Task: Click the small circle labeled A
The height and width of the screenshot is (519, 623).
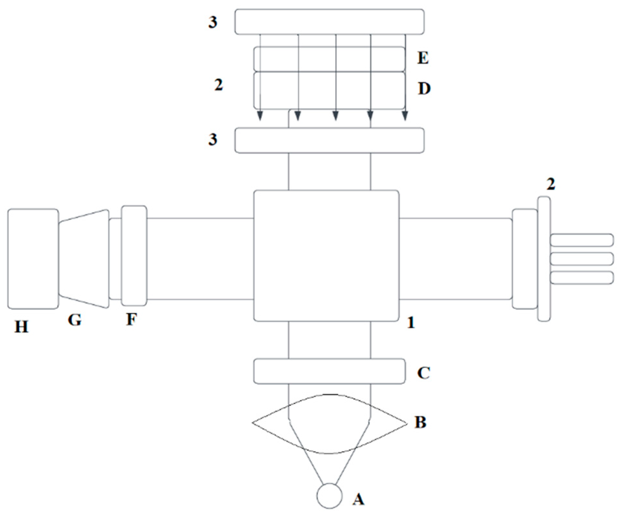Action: pos(329,496)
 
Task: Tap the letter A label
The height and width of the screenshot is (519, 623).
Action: pos(358,499)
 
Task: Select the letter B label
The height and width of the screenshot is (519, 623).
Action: pos(421,422)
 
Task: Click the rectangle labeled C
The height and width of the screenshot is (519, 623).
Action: pos(329,371)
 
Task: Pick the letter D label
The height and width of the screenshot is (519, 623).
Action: pos(424,88)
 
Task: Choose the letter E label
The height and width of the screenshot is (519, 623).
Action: pos(423,58)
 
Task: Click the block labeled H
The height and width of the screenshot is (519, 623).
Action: pos(33,259)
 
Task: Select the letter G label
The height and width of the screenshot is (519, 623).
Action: pos(75,320)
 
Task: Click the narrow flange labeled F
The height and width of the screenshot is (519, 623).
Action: pos(134,256)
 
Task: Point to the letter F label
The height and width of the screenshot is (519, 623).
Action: pos(131,319)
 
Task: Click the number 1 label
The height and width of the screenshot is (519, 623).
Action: pos(411,323)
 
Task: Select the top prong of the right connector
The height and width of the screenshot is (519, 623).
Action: pos(581,240)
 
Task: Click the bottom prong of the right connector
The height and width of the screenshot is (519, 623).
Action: pos(581,278)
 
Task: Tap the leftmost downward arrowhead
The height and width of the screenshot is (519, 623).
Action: pos(260,116)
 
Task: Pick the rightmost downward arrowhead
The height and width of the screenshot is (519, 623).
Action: pos(405,116)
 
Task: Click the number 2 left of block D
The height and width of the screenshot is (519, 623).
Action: pos(219,85)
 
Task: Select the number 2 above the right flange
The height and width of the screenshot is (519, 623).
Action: pos(551,184)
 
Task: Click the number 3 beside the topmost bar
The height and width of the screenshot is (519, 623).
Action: pos(213,22)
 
